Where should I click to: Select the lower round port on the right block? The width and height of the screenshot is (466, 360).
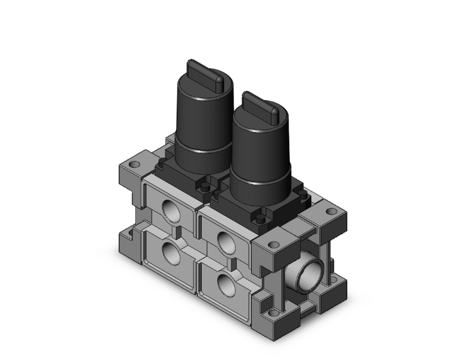(x=224, y=281)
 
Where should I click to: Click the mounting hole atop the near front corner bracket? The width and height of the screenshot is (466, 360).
(x=273, y=246)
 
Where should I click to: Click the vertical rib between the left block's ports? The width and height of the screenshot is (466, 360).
(x=178, y=234)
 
